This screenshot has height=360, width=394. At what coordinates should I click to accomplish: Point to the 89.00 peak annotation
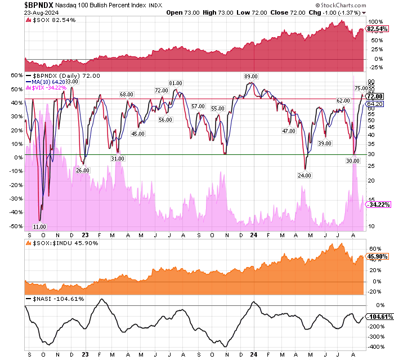click(x=250, y=76)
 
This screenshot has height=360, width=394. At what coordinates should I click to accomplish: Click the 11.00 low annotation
click(x=39, y=226)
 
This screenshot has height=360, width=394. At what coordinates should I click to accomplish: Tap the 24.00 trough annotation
click(x=305, y=175)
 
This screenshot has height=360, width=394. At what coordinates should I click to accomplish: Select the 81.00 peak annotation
click(x=175, y=83)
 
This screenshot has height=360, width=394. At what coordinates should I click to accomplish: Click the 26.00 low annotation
click(x=83, y=170)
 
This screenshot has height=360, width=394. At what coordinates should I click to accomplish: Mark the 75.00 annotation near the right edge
click(x=361, y=88)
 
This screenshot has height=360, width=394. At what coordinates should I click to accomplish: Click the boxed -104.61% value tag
click(x=379, y=317)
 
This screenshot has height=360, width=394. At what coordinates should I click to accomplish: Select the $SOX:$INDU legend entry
click(x=62, y=242)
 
